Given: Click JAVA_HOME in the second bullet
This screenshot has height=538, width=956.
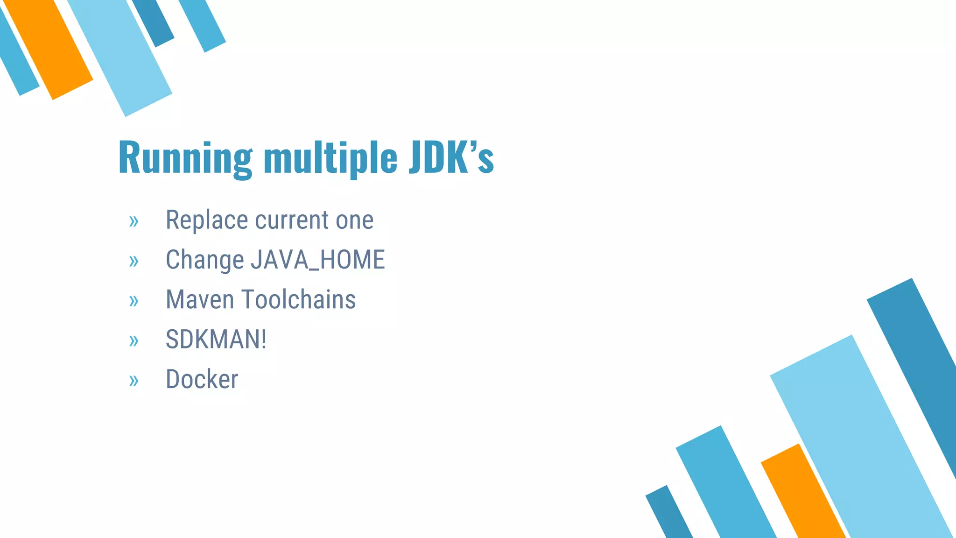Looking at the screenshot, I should pos(317,260).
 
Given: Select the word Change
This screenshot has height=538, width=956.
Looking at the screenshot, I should pos(204,260).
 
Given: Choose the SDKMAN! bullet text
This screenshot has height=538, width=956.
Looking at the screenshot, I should pos(216,340).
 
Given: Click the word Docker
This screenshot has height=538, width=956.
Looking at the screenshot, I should pos(202,379).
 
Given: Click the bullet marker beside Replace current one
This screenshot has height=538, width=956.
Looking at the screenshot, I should pos(134,221).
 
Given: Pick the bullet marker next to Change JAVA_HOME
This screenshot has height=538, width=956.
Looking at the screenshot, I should pos(134,261).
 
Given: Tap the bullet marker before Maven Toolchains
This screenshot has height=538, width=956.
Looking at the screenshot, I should pos(134,301).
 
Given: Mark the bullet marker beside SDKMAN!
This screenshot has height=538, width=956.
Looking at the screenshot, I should pos(134,341).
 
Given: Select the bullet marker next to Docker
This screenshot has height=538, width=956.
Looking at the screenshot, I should pos(134,381).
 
